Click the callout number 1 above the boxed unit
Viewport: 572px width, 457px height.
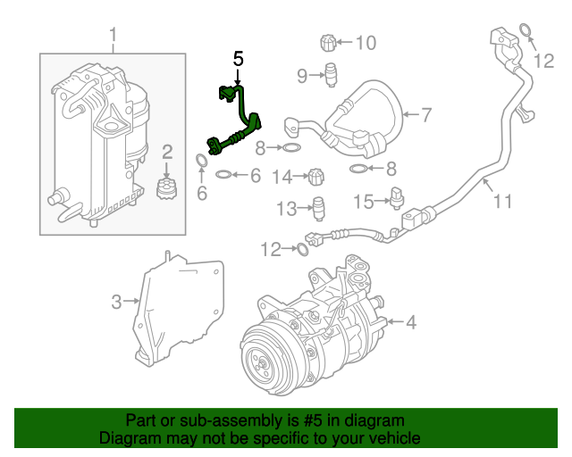(x=113, y=36)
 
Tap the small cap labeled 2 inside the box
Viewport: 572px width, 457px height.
(x=165, y=189)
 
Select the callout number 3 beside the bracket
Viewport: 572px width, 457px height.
(x=116, y=303)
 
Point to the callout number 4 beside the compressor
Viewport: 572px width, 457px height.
(x=410, y=322)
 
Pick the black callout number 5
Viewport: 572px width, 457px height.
(x=238, y=59)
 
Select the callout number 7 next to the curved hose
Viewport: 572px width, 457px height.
(x=426, y=114)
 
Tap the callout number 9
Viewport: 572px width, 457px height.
(x=302, y=74)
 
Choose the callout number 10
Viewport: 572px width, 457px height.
(x=366, y=42)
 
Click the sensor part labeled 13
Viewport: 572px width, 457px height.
(x=319, y=207)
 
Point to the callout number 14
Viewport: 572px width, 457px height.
(x=282, y=177)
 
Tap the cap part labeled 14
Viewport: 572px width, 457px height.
(x=317, y=177)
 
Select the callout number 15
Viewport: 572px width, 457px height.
(x=363, y=202)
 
